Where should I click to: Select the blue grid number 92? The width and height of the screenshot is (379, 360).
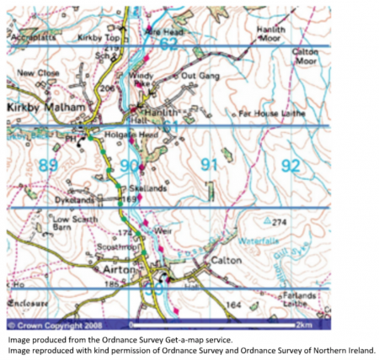click(290, 166)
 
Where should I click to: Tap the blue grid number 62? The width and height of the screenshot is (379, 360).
click(168, 44)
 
